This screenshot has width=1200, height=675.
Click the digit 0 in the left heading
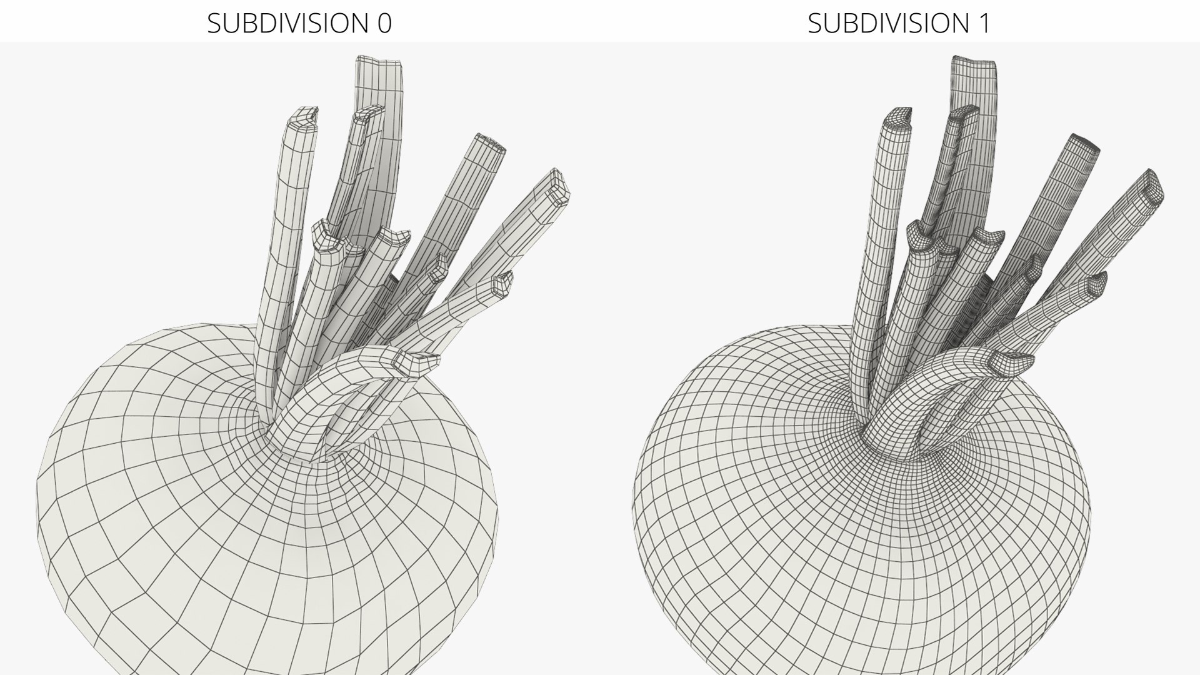pos(384,23)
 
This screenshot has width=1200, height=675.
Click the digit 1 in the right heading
pos(984,23)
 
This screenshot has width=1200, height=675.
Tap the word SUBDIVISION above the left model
pos(288,23)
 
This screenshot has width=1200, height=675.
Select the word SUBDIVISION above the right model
pos(889,23)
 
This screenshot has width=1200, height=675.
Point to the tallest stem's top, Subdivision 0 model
pos(379,61)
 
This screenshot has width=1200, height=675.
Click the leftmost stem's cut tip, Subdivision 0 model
pos(304,116)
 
